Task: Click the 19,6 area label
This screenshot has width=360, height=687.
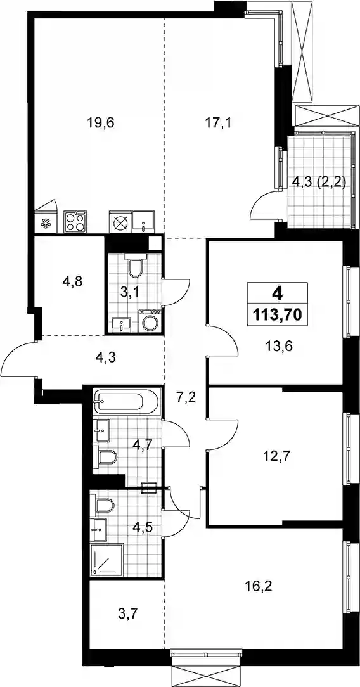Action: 100,123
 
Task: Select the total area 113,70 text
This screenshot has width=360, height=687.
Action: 277,314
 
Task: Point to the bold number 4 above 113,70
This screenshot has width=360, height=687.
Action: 277,293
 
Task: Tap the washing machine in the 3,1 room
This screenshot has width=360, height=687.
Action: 151,321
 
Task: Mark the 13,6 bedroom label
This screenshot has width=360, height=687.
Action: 278,347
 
